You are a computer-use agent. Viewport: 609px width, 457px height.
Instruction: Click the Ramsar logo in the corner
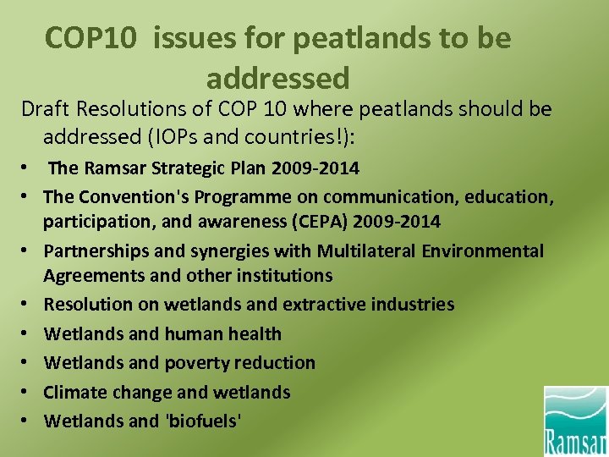575,421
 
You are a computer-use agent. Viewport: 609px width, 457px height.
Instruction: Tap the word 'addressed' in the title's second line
277,78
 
